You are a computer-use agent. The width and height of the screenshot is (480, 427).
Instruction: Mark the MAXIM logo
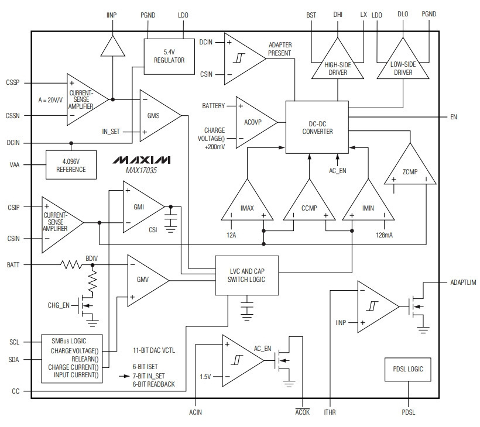point(142,160)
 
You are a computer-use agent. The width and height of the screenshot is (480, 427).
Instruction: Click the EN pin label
point(454,117)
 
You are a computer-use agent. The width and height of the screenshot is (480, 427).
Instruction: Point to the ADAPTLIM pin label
point(463,283)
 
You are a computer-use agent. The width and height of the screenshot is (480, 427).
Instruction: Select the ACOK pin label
point(303,412)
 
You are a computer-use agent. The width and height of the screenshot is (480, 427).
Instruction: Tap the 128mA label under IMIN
point(384,235)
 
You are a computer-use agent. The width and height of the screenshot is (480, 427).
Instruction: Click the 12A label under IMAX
point(231,235)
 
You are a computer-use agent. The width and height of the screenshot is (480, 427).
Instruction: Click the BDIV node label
point(91,259)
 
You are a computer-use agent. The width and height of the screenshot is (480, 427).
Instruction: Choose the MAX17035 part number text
point(141,170)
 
